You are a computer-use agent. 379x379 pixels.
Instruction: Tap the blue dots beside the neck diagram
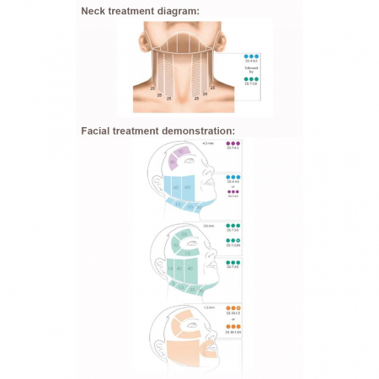coord(251,54)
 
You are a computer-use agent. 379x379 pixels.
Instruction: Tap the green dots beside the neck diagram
coord(251,78)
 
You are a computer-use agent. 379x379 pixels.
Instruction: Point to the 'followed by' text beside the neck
coord(251,67)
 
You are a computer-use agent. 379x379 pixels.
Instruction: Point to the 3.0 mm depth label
coord(210,227)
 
